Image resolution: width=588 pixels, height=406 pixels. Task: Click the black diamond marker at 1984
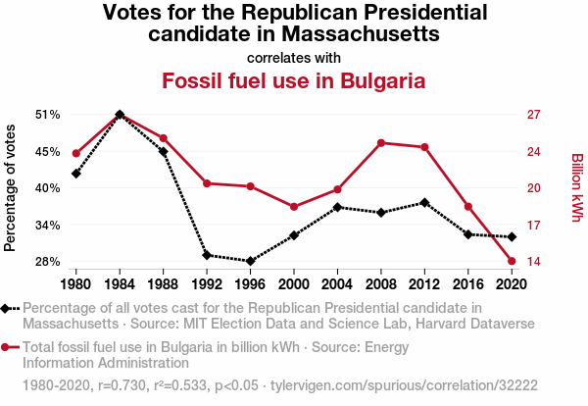120,115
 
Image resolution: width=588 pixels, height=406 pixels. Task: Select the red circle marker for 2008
380,143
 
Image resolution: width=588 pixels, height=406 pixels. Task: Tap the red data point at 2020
512,261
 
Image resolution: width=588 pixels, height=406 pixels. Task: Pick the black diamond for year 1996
250,261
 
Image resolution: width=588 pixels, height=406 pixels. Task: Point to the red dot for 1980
75,153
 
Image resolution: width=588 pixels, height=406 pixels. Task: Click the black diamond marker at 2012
423,202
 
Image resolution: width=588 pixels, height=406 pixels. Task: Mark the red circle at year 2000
294,207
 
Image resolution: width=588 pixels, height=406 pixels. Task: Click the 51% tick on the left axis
47,115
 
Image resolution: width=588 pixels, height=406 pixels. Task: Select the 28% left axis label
47,262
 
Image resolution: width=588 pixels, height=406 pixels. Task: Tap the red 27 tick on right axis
533,115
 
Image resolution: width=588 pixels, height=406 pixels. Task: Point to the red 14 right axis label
533,262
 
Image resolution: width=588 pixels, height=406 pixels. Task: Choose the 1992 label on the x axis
206,283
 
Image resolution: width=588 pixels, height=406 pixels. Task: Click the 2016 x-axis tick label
467,283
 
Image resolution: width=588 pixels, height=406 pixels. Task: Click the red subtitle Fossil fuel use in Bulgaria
294,80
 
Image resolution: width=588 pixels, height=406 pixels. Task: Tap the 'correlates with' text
294,57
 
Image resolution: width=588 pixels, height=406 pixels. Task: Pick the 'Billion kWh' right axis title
576,187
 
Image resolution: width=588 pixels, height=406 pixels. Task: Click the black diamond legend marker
10,308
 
